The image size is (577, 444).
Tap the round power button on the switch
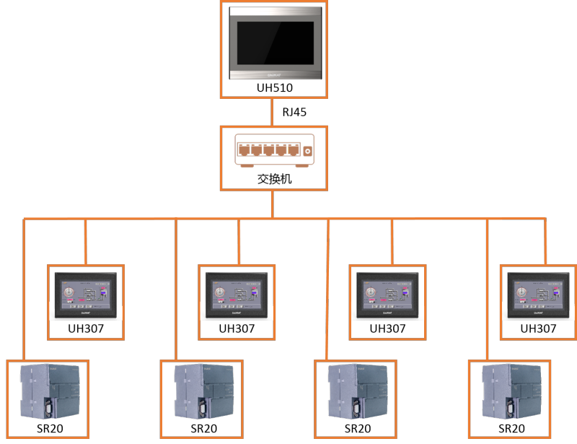(307, 151)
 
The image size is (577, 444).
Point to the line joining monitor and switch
(273, 112)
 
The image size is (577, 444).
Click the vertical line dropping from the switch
(273, 204)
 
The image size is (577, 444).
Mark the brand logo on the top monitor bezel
(274, 74)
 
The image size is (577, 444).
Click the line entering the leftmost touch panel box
(86, 242)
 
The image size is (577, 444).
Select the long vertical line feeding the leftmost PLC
(24, 289)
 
